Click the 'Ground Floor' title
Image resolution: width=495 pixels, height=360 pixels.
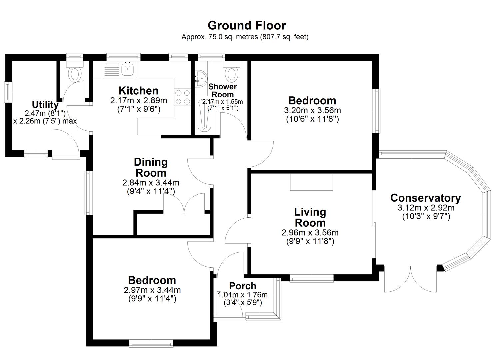pyautogui.click(x=247, y=25)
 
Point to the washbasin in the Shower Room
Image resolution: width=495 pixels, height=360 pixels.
pyautogui.click(x=200, y=78)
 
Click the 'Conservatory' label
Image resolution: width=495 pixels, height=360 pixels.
pyautogui.click(x=425, y=198)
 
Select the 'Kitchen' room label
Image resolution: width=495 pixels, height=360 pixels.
pyautogui.click(x=138, y=91)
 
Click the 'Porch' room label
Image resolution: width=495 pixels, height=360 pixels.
pyautogui.click(x=243, y=286)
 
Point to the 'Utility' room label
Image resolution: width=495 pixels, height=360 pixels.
pyautogui.click(x=45, y=104)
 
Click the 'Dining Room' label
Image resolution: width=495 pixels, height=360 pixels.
pyautogui.click(x=151, y=167)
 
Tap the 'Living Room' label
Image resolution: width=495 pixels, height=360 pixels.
pyautogui.click(x=310, y=217)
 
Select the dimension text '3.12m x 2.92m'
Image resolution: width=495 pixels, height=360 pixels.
pyautogui.click(x=426, y=208)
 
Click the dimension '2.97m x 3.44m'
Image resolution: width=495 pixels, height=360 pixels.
pyautogui.click(x=152, y=290)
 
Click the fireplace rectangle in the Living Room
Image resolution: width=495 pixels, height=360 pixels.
pyautogui.click(x=311, y=182)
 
